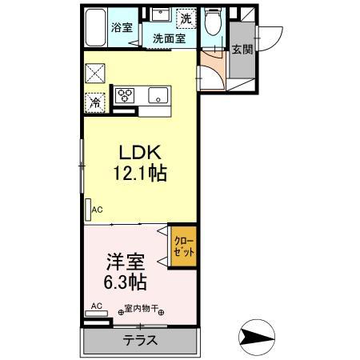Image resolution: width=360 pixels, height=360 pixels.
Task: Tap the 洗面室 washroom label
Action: tap(169, 37)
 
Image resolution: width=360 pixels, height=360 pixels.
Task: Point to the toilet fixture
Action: tap(213, 22)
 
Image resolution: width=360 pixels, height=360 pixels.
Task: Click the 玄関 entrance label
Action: tap(242, 49)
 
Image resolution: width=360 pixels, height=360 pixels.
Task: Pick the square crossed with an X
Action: tap(94, 72)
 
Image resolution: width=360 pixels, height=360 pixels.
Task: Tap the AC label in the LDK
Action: tap(97, 210)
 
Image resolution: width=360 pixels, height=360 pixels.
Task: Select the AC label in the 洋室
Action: tap(97, 306)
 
